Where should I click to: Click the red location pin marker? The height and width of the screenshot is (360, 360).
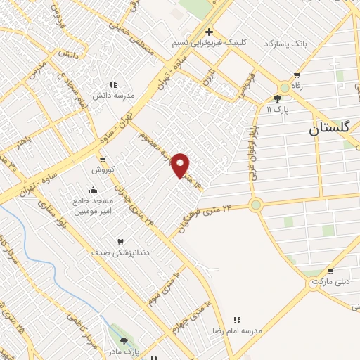tap(181, 164)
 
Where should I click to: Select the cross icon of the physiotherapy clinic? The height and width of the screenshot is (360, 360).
tap(209, 32)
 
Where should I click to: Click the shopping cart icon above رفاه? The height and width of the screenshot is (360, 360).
tap(298, 75)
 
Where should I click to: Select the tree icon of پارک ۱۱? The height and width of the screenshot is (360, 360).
tap(278, 98)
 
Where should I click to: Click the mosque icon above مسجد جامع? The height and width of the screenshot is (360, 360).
tap(93, 190)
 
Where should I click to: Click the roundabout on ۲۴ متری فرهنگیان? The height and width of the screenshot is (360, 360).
tap(255, 205)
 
